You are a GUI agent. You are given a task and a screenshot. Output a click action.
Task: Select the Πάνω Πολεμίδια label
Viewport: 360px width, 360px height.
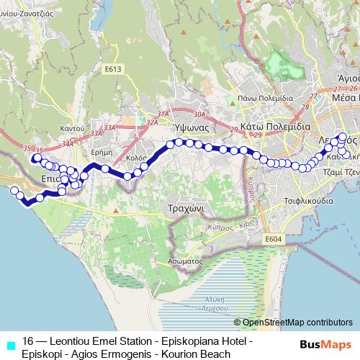pyautogui.click(x=266, y=97)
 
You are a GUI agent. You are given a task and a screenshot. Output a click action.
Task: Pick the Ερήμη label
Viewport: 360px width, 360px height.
pyautogui.click(x=104, y=132)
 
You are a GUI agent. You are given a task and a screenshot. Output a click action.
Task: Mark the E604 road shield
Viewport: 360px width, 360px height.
pyautogui.click(x=272, y=238)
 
